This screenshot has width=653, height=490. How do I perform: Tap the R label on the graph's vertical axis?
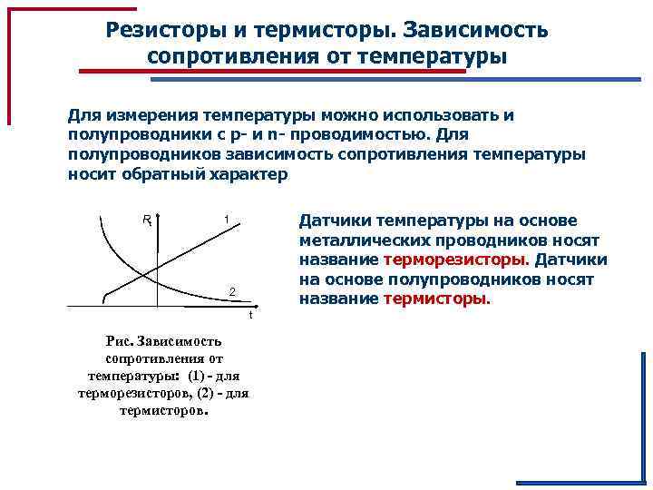(147, 220)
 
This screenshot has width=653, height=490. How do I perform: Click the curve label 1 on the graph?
(226, 220)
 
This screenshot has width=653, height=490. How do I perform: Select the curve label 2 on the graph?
(232, 291)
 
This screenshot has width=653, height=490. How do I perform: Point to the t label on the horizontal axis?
(251, 317)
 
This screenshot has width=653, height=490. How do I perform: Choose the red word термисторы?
(435, 299)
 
